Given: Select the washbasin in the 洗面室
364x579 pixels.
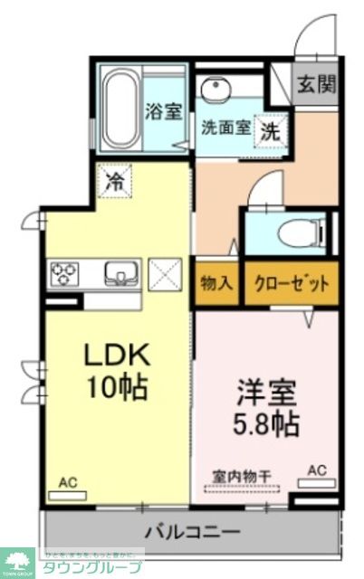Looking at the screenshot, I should [x=216, y=90].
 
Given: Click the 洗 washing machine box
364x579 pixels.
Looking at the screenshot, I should [x=270, y=129].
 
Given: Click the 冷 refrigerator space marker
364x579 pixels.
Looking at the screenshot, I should [x=115, y=179].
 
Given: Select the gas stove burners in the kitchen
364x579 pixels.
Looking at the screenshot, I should [x=65, y=272].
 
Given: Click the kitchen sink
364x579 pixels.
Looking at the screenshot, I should [x=119, y=272].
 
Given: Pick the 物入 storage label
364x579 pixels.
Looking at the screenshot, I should [x=216, y=282].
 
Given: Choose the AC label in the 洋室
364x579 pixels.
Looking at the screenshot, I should [x=317, y=471].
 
